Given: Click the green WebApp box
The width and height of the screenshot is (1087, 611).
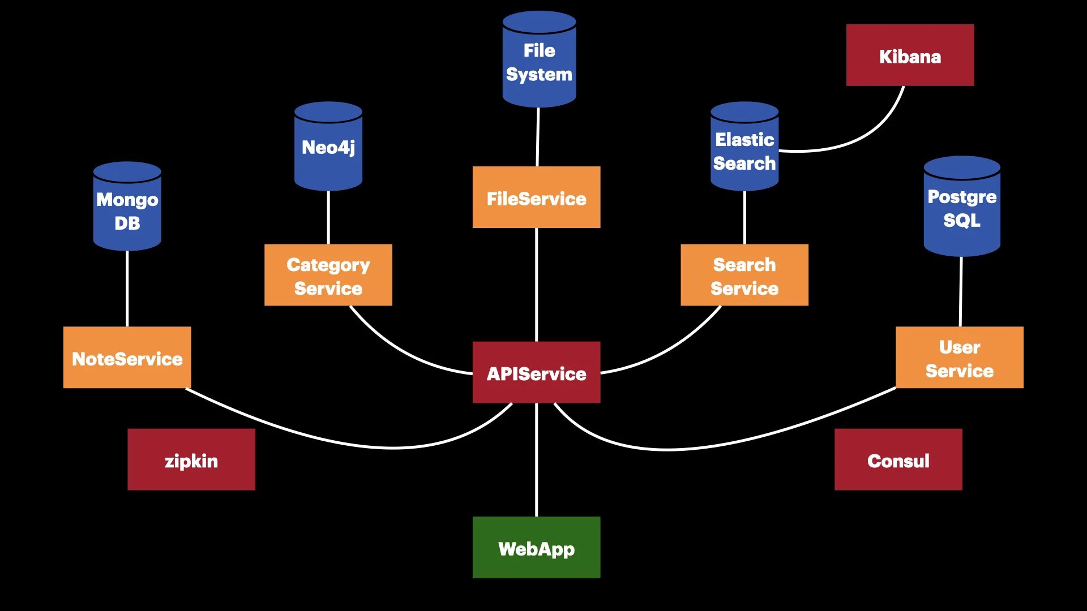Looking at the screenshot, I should point(536,547).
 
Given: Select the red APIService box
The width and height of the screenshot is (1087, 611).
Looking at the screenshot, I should point(536,372).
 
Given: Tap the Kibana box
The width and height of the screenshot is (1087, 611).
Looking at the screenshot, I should point(910,55).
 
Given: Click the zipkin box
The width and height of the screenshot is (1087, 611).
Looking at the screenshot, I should point(191,459).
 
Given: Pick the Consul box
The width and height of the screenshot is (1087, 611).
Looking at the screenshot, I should point(898,459).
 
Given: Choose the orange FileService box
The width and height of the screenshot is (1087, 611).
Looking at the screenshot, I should point(536,197).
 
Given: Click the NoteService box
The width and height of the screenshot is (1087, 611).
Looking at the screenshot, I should point(127,358).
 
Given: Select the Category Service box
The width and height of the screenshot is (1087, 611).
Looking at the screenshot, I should point(328,275).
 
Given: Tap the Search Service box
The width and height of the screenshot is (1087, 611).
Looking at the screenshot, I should point(744,275).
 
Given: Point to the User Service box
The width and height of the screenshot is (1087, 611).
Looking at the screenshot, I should point(959,358).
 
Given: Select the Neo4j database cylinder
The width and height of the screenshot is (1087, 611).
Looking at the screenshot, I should point(328,148).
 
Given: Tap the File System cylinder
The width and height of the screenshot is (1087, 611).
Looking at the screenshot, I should point(539,61).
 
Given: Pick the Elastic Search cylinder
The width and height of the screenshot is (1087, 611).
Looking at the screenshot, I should point(744,148).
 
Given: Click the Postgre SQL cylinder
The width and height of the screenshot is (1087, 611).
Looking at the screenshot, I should point(961,208).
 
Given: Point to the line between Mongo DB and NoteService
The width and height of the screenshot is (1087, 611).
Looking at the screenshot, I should point(127,289).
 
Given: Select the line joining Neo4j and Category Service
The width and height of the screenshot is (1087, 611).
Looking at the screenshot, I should point(328,217).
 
